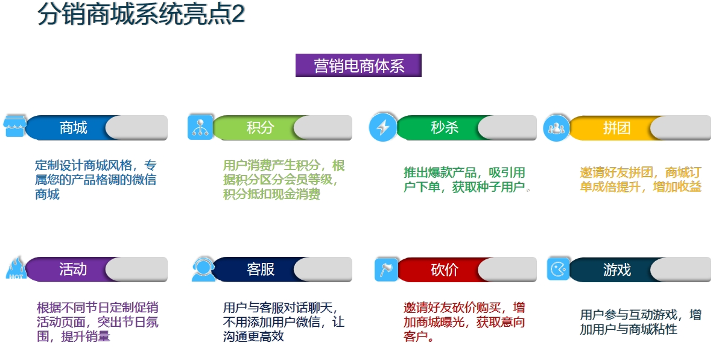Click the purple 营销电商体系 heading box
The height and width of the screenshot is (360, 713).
(358, 66)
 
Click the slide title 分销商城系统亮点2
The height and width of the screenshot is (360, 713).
(141, 14)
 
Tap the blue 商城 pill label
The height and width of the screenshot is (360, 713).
(73, 128)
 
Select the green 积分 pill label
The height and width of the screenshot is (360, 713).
(260, 128)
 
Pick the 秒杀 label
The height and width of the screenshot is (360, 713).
(445, 128)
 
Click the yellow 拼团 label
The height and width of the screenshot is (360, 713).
(616, 128)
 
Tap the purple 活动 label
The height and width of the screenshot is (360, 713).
(73, 270)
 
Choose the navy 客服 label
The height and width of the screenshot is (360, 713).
(260, 270)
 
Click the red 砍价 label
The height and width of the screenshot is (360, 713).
(445, 270)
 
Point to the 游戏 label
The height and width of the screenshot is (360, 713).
(616, 270)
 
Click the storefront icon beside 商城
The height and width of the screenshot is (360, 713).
(15, 126)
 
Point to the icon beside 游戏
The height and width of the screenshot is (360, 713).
(559, 268)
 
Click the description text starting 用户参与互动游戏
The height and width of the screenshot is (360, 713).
(640, 322)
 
